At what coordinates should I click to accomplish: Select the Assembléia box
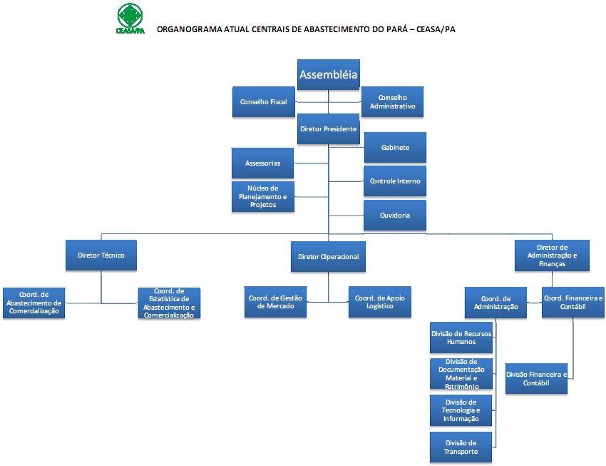click(x=328, y=74)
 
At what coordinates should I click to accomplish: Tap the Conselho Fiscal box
click(x=263, y=102)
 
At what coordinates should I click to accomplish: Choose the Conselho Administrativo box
click(x=392, y=102)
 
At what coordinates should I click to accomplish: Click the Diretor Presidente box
click(x=328, y=129)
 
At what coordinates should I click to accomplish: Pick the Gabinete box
click(x=394, y=147)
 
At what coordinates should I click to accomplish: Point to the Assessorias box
click(x=263, y=163)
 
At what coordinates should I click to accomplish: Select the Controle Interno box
click(x=394, y=181)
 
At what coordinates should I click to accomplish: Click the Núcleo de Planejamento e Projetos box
click(x=263, y=196)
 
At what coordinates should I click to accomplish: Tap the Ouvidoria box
click(x=394, y=215)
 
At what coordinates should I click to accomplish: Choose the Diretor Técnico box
click(x=101, y=255)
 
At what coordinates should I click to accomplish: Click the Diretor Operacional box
click(x=328, y=256)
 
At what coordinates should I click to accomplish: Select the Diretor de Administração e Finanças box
click(x=553, y=255)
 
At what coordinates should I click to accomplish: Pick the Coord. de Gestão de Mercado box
click(x=276, y=302)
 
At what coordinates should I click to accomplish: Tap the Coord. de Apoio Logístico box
click(x=380, y=302)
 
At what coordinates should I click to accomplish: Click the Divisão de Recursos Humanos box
click(x=461, y=338)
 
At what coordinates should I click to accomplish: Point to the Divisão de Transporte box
click(x=461, y=447)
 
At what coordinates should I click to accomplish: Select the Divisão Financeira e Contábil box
click(x=537, y=378)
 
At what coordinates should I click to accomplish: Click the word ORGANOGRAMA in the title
click(x=188, y=30)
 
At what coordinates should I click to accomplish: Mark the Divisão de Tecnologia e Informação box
click(x=461, y=410)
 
